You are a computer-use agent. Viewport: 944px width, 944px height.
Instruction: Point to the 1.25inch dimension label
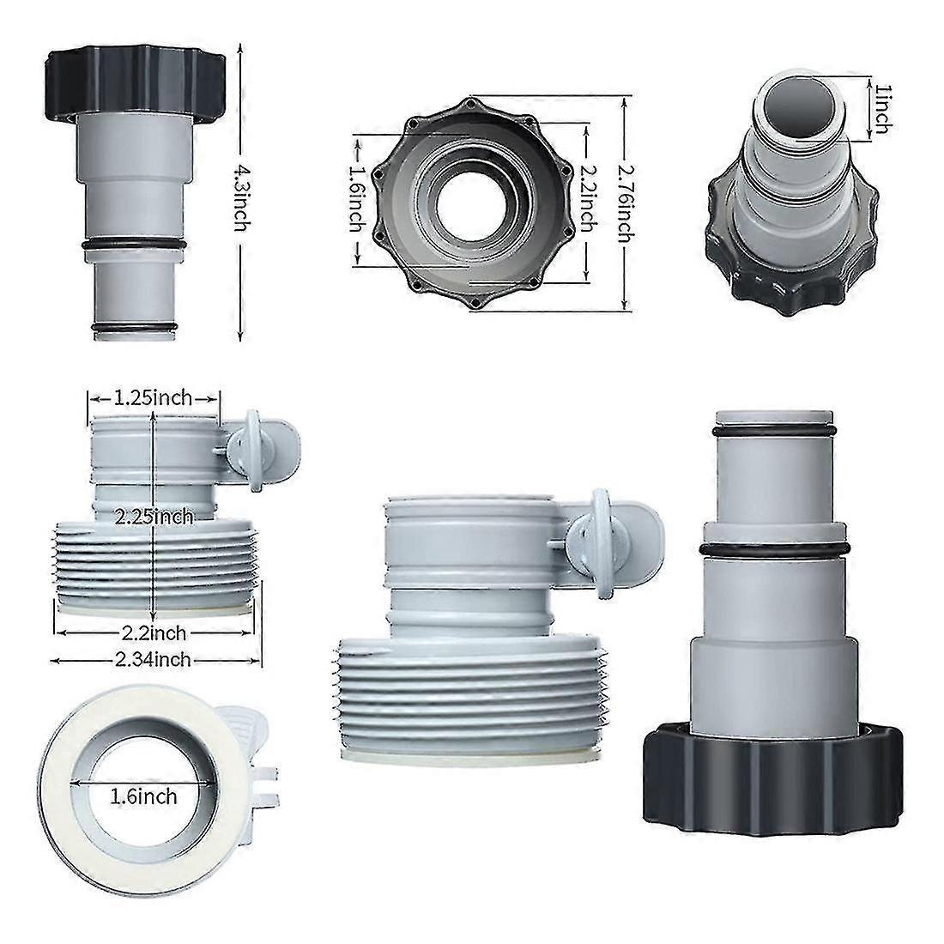pyautogui.click(x=154, y=397)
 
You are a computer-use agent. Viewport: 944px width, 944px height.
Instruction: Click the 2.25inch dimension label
pyautogui.click(x=153, y=517)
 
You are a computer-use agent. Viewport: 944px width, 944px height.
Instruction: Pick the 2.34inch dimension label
pyautogui.click(x=154, y=659)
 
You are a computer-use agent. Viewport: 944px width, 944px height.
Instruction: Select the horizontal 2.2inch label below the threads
pyautogui.click(x=154, y=634)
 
